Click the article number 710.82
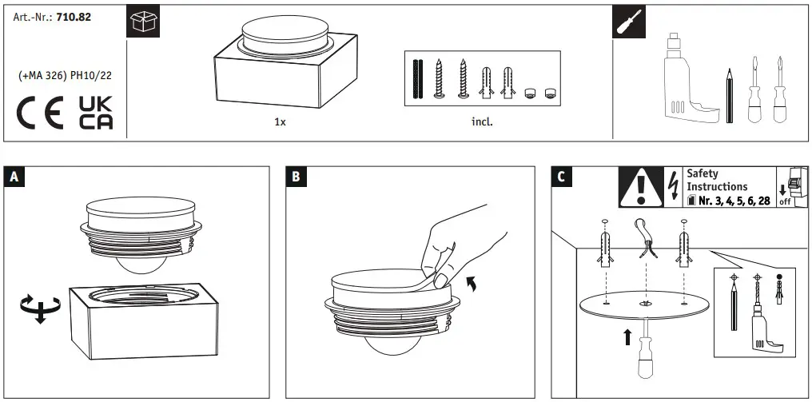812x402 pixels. point(74,16)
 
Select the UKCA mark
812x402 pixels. point(95,112)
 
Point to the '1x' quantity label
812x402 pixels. point(280,122)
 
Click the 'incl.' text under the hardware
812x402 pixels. point(482,122)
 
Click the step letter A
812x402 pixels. point(14,177)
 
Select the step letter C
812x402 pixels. point(561,177)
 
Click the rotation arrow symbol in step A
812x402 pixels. point(38,305)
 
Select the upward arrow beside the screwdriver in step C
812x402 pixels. point(627,336)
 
